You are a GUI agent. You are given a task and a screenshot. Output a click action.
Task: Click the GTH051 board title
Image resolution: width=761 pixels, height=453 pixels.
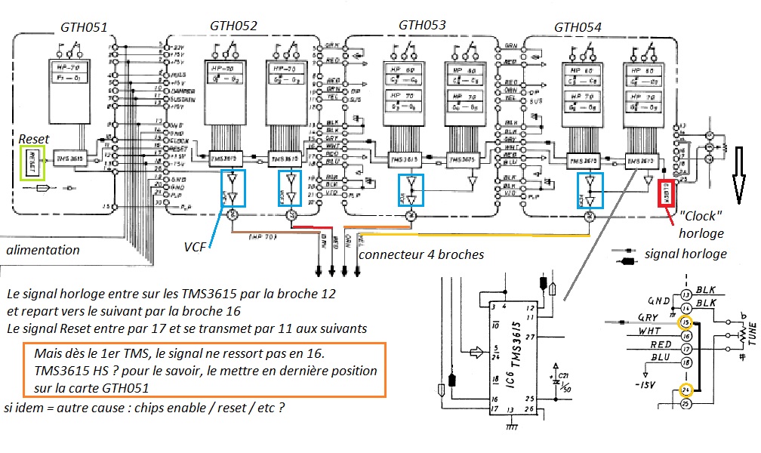pyautogui.click(x=84, y=29)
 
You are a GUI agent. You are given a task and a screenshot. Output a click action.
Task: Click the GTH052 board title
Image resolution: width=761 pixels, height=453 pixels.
pyautogui.click(x=233, y=26)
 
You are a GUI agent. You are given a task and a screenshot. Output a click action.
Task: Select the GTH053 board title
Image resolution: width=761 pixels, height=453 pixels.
pyautogui.click(x=421, y=25)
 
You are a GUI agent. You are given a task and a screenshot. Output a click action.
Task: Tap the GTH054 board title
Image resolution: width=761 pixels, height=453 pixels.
pyautogui.click(x=578, y=27)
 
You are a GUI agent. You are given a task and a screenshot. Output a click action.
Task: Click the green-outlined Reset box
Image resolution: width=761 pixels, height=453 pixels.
pyautogui.click(x=34, y=165)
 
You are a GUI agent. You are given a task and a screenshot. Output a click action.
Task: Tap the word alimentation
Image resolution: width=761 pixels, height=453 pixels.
pyautogui.click(x=43, y=249)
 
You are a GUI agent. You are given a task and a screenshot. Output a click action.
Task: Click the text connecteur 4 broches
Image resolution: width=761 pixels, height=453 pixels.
pyautogui.click(x=421, y=254)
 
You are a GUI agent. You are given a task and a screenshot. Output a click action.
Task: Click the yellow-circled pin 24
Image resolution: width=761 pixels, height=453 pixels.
pyautogui.click(x=686, y=390)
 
